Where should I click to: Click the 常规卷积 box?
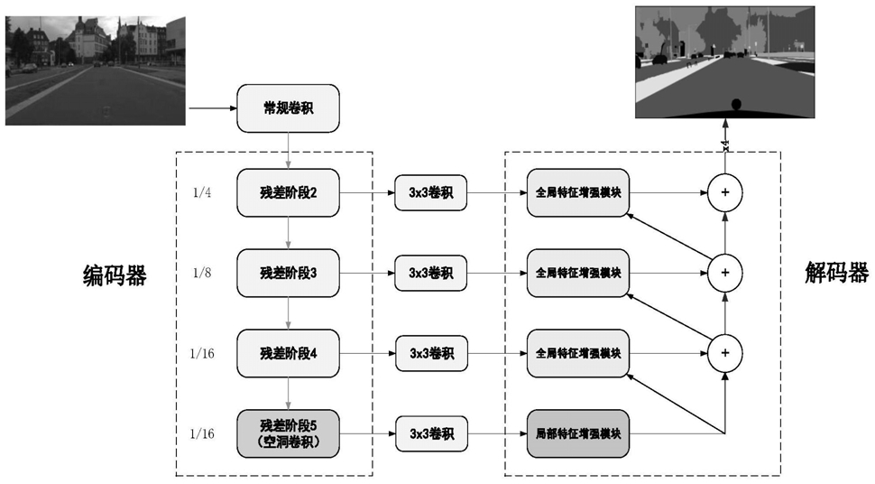tap(288, 108)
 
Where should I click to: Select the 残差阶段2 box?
tap(288, 193)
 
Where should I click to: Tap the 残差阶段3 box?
tap(288, 274)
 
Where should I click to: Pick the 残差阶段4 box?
tap(288, 354)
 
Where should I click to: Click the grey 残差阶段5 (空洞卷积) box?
tap(288, 433)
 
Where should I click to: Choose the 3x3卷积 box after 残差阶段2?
tap(431, 193)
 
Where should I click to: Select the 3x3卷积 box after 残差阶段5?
tap(431, 433)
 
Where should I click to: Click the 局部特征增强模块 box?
tap(578, 433)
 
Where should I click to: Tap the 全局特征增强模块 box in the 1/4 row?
tap(578, 193)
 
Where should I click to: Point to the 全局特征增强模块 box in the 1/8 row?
tap(578, 274)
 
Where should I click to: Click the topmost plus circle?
tap(725, 193)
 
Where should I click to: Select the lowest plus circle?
tap(725, 353)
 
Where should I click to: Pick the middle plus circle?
tap(725, 273)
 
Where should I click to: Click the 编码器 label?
tap(115, 275)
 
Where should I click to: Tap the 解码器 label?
tap(836, 273)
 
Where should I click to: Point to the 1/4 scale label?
tap(202, 193)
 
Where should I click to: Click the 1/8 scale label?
tap(202, 273)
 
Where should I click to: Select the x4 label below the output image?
tap(725, 145)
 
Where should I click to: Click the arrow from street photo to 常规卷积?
tap(213, 107)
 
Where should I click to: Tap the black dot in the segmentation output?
tap(736, 105)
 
